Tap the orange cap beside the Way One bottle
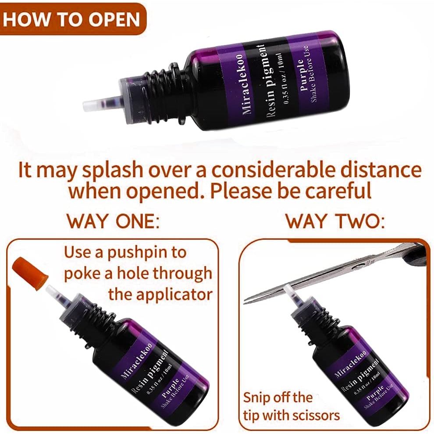pyautogui.click(x=31, y=272)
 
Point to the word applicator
pyautogui.click(x=160, y=295)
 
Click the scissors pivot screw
pyautogui.click(x=359, y=266)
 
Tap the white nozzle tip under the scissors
pyautogui.click(x=289, y=290)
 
